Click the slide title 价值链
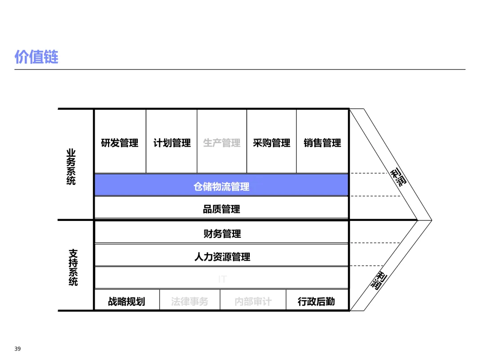point(36,57)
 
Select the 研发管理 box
point(120,143)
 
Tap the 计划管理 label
point(172,143)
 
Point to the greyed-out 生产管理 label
point(222,143)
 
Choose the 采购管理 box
point(272,143)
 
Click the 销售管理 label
point(322,143)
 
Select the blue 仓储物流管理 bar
point(221,186)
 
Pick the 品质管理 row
point(221,209)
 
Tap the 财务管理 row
point(222,233)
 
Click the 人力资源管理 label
point(222,256)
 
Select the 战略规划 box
point(126,301)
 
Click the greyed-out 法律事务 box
point(189,301)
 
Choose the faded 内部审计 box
point(253,301)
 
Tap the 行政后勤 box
point(316,301)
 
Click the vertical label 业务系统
point(71,167)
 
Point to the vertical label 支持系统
point(73,267)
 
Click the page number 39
point(17,349)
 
